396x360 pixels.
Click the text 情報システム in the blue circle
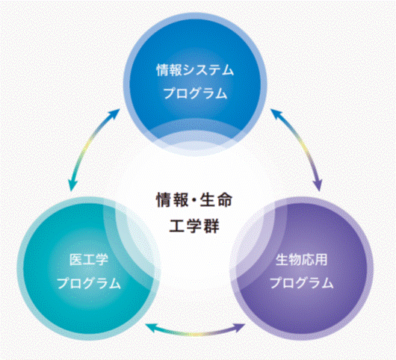pos(195,70)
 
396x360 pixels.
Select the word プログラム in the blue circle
pos(195,93)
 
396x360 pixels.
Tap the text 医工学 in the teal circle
pos(89,259)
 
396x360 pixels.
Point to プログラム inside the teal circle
pos(88,283)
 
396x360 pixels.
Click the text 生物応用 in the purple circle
pos(302,259)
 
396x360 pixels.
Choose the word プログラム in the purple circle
pos(302,282)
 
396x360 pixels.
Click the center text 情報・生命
pos(194,200)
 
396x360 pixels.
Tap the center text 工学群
pos(194,226)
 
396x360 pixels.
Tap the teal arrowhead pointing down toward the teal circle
pos(72,184)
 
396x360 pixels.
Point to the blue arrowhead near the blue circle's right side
pos(276,114)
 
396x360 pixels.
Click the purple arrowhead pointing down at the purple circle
pos(318,184)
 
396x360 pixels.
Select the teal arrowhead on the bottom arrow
pos(151,327)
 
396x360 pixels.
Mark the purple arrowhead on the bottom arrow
pos(239,327)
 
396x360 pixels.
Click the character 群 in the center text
pos(211,226)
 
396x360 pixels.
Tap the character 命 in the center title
pos(224,200)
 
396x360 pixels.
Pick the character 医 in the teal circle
pos(75,259)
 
